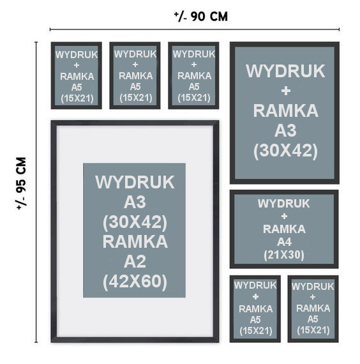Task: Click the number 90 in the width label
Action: [x=198, y=17]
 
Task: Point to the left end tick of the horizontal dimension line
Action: [x=50, y=29]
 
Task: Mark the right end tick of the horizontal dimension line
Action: [x=339, y=29]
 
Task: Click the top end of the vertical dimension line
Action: [x=36, y=42]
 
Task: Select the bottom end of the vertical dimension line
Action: [x=36, y=342]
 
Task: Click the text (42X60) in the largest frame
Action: [x=135, y=282]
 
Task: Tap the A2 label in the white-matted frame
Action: [x=135, y=262]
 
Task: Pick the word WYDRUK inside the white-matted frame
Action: [x=135, y=182]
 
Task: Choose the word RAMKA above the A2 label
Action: [x=135, y=242]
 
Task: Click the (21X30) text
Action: [x=284, y=255]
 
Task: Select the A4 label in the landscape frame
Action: [x=284, y=242]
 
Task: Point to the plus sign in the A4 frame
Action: [x=284, y=216]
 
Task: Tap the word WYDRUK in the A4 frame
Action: [x=284, y=204]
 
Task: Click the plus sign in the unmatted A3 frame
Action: [x=286, y=91]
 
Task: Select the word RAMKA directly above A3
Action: [x=285, y=110]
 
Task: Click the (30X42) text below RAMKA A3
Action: [x=285, y=151]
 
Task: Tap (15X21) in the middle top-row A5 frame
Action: [x=136, y=98]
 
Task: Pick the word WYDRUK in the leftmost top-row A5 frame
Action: [x=77, y=55]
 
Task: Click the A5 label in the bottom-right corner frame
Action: [x=313, y=319]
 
